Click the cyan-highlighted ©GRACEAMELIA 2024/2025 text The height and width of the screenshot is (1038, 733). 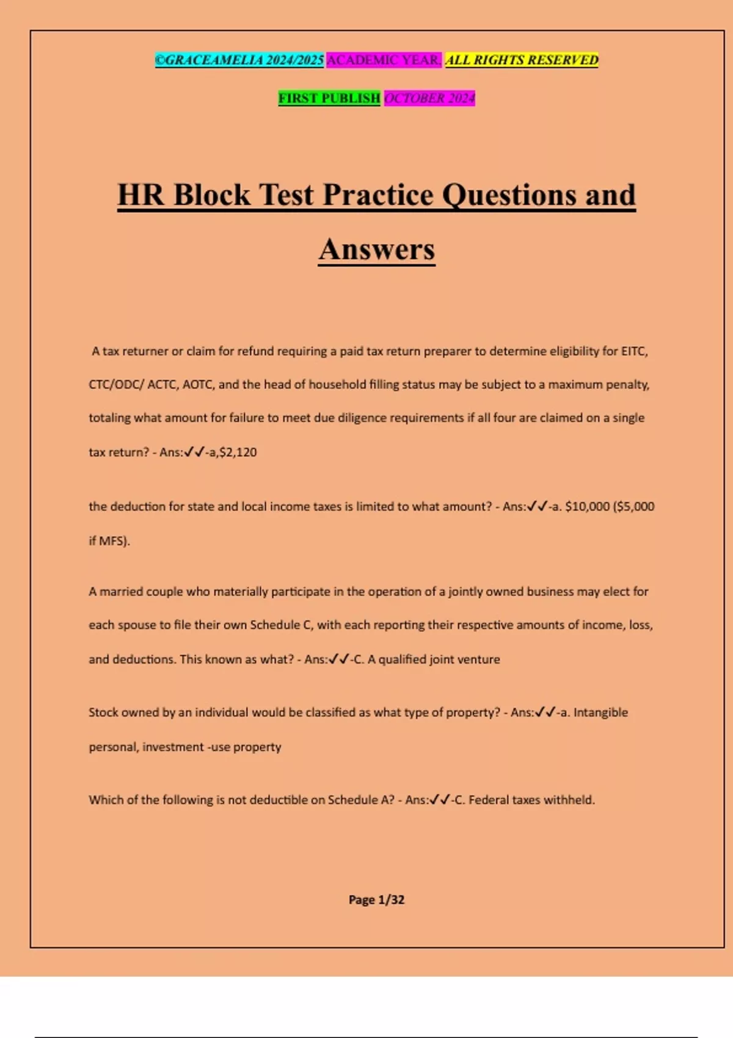coord(239,60)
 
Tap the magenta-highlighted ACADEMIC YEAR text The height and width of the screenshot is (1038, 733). coord(384,60)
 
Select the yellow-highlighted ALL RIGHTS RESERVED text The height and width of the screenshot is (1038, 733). coord(522,60)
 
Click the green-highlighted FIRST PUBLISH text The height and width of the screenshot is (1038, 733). coord(329,98)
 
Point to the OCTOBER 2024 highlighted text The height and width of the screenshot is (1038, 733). coord(429,98)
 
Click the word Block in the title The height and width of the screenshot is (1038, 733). coord(211,195)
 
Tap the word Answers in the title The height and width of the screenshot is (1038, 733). coord(377,249)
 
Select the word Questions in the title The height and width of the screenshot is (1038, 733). coord(509,195)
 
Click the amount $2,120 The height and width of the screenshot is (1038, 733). coord(238,452)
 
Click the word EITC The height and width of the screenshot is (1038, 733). coord(634,351)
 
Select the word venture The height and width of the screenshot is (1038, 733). coord(479,659)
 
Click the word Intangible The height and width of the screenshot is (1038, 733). coord(600,713)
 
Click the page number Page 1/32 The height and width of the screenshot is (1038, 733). coord(376,899)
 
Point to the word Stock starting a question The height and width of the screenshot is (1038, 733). coord(103,713)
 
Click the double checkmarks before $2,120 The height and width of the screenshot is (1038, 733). coord(194,452)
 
